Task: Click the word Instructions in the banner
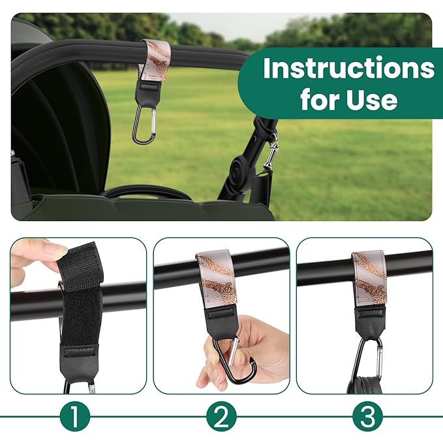pos(348,69)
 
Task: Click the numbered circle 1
pos(75,416)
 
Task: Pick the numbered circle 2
pos(221,416)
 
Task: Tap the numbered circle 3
pos(367,416)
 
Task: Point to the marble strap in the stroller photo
pos(155,60)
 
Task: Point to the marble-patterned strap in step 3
pos(369,279)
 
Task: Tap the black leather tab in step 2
pos(221,323)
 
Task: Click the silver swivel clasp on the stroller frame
pos(272,152)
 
